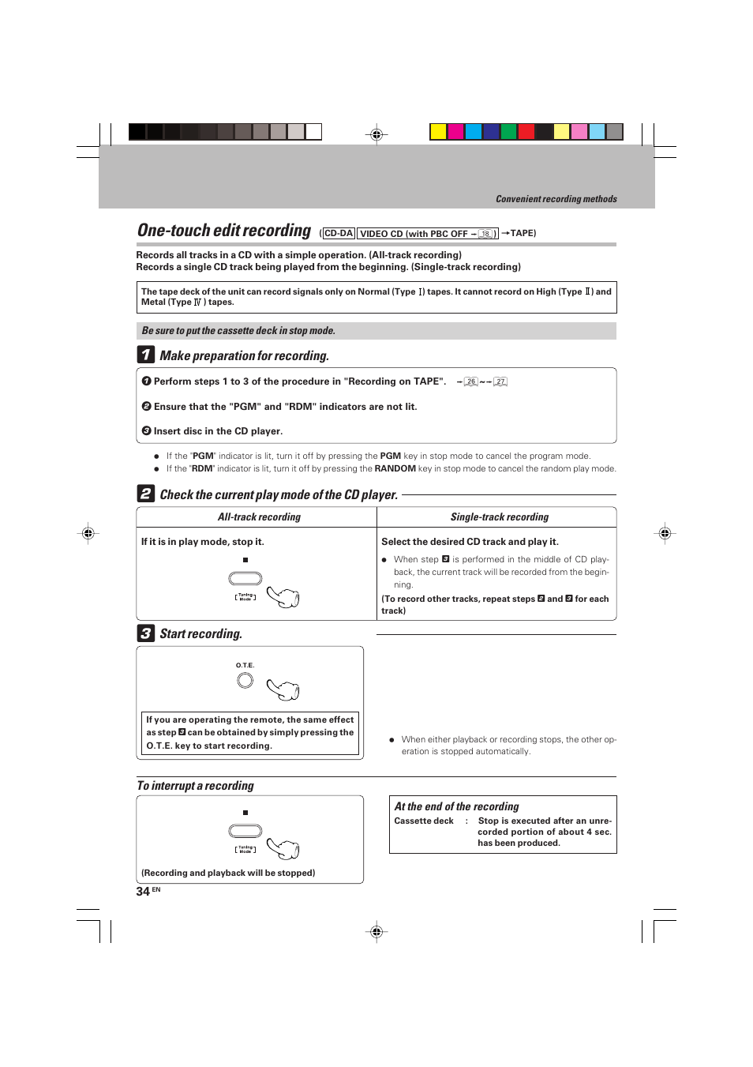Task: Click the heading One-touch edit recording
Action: (x=224, y=231)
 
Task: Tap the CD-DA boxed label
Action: (x=339, y=234)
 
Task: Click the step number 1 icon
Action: (x=145, y=355)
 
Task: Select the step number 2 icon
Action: (x=145, y=494)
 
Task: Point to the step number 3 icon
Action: (x=145, y=633)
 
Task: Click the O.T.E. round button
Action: (x=245, y=680)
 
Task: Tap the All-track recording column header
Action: (x=259, y=517)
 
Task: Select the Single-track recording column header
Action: (x=499, y=517)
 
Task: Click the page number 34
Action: (x=143, y=891)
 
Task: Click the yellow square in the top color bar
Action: (x=438, y=132)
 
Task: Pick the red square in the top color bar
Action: (x=526, y=132)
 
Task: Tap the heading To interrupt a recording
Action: (x=195, y=786)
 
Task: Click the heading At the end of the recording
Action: (x=456, y=806)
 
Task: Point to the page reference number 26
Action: (x=471, y=381)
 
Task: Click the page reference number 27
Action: (x=500, y=381)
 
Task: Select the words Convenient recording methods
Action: (x=556, y=199)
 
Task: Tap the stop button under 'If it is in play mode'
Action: (x=245, y=578)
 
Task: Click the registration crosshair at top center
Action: (x=376, y=134)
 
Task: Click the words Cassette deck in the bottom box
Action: (x=424, y=821)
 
